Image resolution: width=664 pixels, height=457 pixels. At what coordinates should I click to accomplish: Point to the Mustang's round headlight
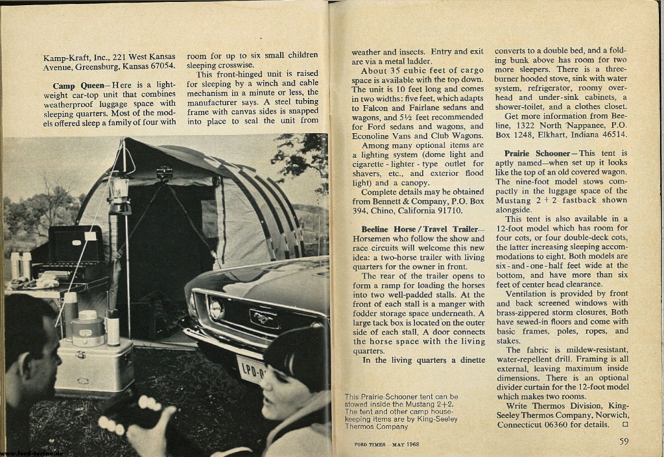215,307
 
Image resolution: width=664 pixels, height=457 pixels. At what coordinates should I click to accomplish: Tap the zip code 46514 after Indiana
610,134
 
